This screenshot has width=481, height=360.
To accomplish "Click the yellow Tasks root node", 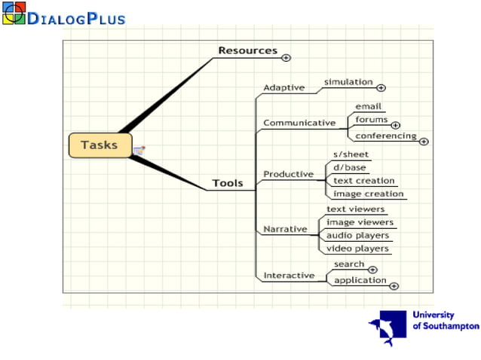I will pos(100,145).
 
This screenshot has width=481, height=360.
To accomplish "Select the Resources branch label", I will pos(247,51).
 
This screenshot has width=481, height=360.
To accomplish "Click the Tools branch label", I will pos(228,183).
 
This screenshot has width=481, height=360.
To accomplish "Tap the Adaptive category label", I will pos(283,87).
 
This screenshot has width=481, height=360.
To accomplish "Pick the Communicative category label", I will pos(299,123).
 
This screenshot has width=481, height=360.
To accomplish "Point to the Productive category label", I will pos(288,174).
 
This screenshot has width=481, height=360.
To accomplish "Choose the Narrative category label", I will pos(285,229).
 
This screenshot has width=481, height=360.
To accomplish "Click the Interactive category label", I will pos(289,276).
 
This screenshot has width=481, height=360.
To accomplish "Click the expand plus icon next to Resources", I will pos(286,57).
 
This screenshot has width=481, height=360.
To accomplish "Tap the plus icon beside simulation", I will pos(381,88).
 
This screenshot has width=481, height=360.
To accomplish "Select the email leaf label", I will pos(369,107).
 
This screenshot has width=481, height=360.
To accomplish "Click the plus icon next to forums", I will pos(396,125).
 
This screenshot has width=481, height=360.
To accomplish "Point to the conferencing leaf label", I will pos(385,136).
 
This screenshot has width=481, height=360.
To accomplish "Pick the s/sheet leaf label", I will pos(351,154).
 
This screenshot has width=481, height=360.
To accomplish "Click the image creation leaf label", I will pos(369,194).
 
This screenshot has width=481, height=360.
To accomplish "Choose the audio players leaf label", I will pos(357,235).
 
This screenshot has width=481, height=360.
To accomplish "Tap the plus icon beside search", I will pos(372,270).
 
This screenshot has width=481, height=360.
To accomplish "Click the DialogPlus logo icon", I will pos(14,13).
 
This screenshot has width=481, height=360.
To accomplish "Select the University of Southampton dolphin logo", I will pos(387,328).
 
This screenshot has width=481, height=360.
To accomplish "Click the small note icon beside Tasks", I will pos(139,151).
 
